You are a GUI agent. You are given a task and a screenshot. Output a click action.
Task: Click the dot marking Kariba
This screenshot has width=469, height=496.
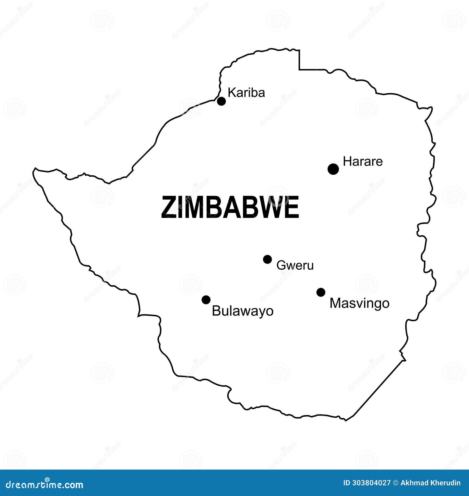pos(221,101)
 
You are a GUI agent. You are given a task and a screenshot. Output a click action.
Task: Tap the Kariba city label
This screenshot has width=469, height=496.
pos(246,93)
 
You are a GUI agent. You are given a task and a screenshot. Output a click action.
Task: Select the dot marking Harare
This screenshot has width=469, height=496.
pos(333,169)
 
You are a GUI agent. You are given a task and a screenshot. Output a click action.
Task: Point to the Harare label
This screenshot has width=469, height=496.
pos(363,162)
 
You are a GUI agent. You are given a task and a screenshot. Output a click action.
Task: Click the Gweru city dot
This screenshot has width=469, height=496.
pos(267,259)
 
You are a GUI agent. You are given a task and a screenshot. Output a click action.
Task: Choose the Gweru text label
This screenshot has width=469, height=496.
pos(295,265)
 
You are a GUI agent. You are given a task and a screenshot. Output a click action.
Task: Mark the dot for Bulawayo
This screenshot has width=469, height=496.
pos(206,300)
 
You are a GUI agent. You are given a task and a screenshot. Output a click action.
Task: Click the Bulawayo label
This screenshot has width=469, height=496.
pos(242,311)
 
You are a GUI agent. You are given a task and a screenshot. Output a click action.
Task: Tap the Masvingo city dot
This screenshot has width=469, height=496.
pos(321,292)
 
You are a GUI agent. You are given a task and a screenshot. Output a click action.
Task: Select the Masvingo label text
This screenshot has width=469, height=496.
pos(359,303)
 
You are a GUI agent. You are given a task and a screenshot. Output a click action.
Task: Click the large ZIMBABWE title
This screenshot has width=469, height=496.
pos(230,207)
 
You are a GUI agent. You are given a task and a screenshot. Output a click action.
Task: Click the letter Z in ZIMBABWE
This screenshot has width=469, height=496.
pos(168,207)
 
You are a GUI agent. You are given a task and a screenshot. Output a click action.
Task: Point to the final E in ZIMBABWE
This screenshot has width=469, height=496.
pos(292,207)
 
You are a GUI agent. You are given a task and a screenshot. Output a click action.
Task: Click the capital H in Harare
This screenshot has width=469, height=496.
pos(347,162)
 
